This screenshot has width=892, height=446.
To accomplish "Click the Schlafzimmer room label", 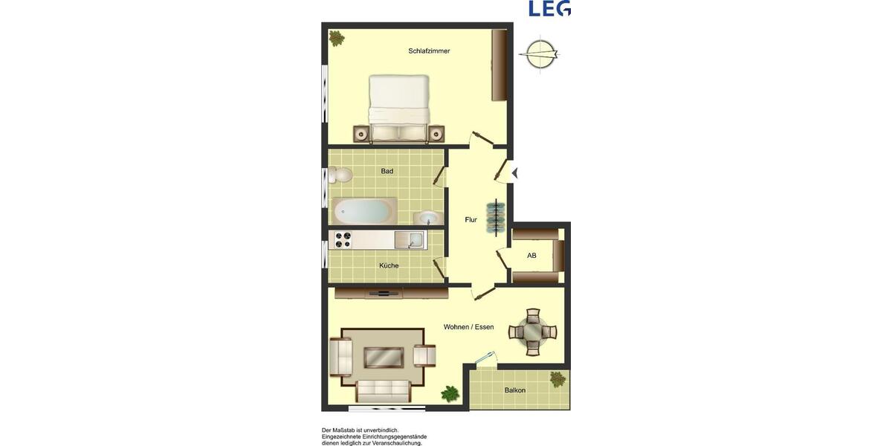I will coord(429,51).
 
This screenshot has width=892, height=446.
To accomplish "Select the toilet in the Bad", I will coord(342,175).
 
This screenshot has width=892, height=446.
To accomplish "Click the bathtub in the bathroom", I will coord(363,211).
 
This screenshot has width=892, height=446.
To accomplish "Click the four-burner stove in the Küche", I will coord(343,239).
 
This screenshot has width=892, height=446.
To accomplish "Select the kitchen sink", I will coord(410,239).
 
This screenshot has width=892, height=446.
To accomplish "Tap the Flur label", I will coord(471,219).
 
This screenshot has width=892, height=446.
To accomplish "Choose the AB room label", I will coord(531,256).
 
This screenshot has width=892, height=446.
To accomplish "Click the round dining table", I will coord(533,332).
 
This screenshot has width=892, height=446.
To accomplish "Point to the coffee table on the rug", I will coord(384,358).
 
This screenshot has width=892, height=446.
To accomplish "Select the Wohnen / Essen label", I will coord(468,327).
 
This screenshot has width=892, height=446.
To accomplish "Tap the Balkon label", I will coord(515,390).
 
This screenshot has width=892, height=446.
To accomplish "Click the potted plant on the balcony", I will coord(557,379).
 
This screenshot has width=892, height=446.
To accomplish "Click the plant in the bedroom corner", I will coord(337,38).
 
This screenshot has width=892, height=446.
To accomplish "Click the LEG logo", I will coord(549,8).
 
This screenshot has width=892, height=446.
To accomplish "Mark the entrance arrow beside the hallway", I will coord(514,173).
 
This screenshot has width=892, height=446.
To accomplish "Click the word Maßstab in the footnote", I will coord(347,430).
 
